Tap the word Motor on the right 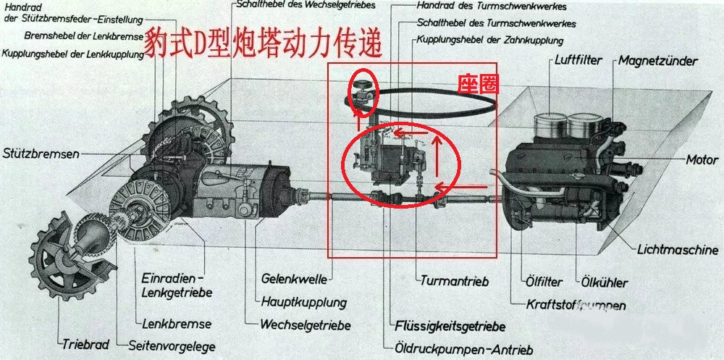[702, 160]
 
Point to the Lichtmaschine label [678, 250]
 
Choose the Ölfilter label [543, 282]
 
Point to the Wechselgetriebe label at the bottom [305, 325]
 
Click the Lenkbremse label [177, 324]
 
